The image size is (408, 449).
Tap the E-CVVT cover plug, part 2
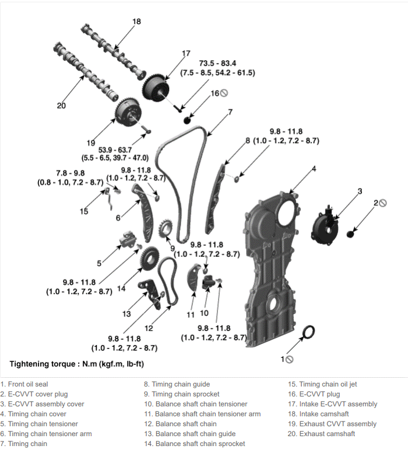click(x=350, y=234)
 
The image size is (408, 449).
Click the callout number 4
click(x=314, y=169)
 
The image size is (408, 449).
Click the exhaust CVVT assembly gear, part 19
click(x=129, y=112)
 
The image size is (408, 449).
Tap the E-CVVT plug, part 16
click(x=187, y=120)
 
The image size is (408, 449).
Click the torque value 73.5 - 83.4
click(x=217, y=63)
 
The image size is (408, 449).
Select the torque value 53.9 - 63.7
click(x=115, y=150)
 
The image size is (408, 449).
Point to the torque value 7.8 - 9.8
click(x=71, y=173)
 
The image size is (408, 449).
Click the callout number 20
click(x=61, y=106)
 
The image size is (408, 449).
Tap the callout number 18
click(x=136, y=22)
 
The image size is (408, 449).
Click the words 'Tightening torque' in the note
click(x=43, y=364)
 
